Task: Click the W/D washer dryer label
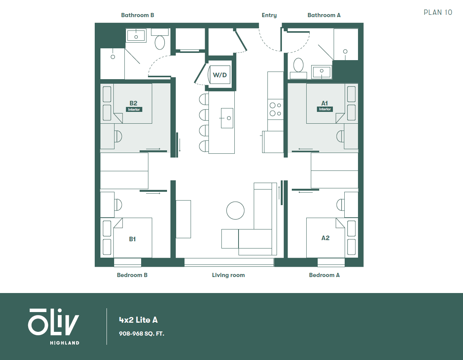(220, 75)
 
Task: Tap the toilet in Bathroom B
(160, 42)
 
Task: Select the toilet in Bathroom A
(299, 65)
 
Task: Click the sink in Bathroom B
(135, 36)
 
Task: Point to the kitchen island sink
(227, 118)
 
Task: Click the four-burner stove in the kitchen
(275, 109)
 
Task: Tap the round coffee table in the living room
(235, 210)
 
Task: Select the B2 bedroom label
(133, 103)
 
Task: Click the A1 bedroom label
(325, 103)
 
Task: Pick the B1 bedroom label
(132, 239)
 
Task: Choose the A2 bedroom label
(325, 238)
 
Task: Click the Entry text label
(269, 15)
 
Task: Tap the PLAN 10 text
(438, 13)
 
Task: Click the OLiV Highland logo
(54, 326)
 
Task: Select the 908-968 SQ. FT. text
(142, 334)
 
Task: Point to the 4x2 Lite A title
(138, 320)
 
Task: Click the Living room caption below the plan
(228, 275)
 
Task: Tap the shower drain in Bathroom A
(345, 51)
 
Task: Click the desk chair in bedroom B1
(118, 205)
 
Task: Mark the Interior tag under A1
(325, 109)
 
